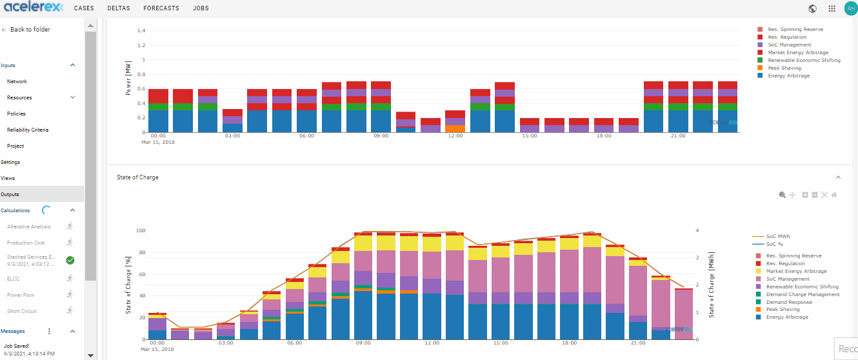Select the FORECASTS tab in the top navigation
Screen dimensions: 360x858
coord(161,8)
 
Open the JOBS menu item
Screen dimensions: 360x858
coord(201,8)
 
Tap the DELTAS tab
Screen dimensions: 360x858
coord(119,8)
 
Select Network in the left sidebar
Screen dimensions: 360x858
coord(17,82)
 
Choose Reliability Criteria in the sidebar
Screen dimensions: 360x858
coord(28,130)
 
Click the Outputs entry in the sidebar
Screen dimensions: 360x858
coord(10,194)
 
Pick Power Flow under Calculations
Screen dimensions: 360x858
coord(20,295)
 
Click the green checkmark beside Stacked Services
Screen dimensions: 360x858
coord(70,260)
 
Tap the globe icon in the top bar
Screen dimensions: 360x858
coord(812,8)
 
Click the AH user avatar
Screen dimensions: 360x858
coord(850,8)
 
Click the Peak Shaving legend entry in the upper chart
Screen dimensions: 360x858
coord(784,68)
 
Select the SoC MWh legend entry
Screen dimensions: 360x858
coord(779,236)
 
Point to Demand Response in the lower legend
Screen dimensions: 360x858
coord(789,302)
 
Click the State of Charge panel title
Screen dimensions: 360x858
coord(137,177)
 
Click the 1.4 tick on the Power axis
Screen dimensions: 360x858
coord(141,30)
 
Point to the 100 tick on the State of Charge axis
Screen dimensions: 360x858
coord(141,230)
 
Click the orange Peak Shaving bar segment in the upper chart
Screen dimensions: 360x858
coord(455,128)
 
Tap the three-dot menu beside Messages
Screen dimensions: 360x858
coord(50,331)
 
